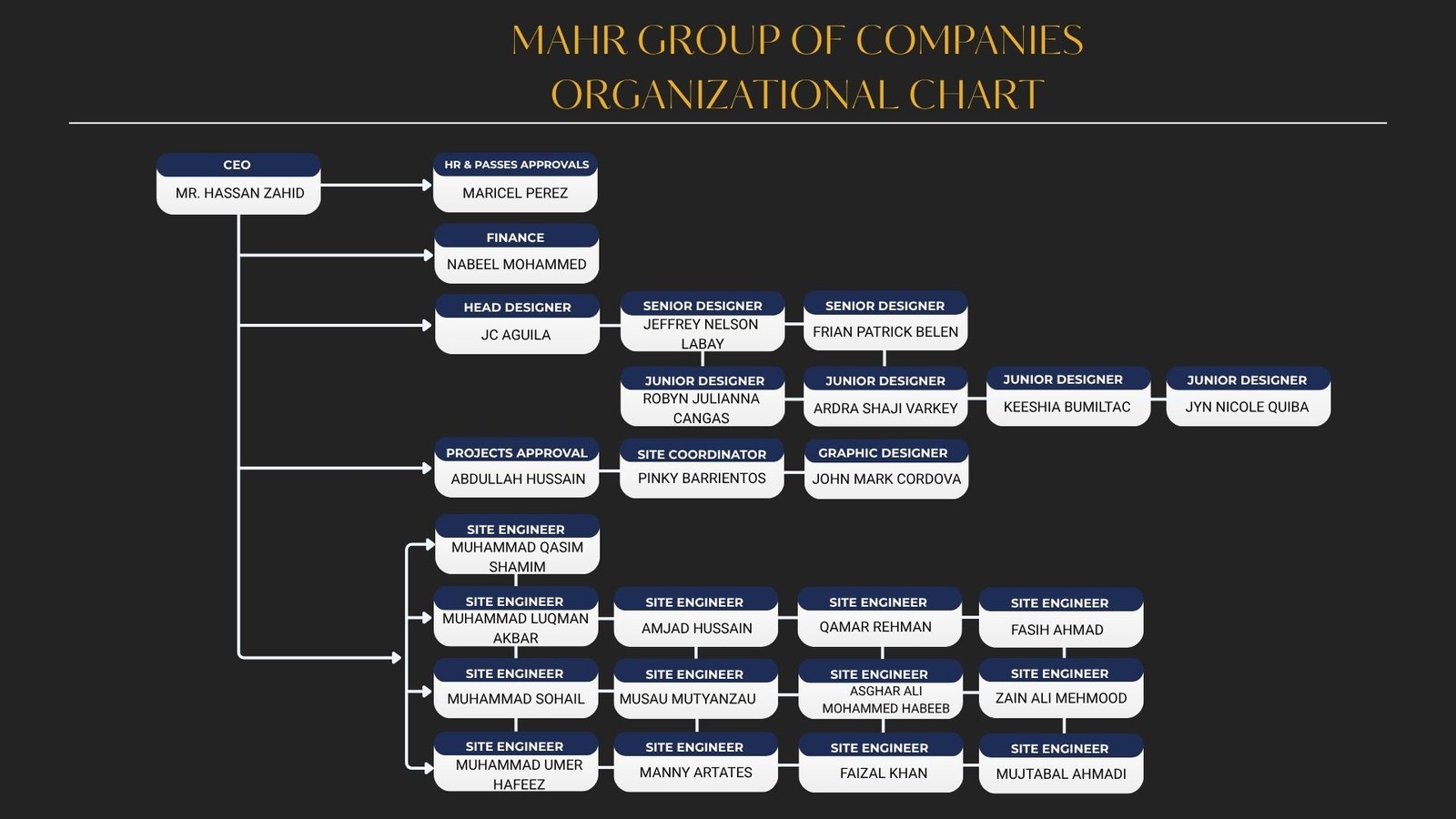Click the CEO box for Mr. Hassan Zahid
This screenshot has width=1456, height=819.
[x=238, y=184]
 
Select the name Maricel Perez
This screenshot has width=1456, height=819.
[x=515, y=193]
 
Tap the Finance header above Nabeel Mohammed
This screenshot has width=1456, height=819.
[x=515, y=238]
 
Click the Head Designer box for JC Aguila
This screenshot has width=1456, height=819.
[x=517, y=324]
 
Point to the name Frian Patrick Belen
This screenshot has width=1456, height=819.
[x=885, y=331]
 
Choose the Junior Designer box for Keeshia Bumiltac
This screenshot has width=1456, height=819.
[x=1068, y=397]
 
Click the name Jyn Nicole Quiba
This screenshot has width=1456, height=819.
[x=1247, y=407]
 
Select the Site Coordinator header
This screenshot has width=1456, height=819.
[x=702, y=454]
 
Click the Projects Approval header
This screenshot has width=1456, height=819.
[x=516, y=452]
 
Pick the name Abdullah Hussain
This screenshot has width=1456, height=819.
[x=518, y=479]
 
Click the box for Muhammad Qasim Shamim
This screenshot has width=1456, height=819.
[x=517, y=545]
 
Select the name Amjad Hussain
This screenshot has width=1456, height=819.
[x=697, y=629]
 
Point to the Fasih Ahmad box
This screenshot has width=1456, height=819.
[x=1061, y=618]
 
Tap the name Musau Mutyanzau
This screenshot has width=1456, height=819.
[x=687, y=699]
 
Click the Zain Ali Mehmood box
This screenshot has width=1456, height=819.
[x=1061, y=688]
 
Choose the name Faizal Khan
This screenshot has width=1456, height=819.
[x=884, y=773]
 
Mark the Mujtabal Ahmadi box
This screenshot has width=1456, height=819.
[x=1061, y=763]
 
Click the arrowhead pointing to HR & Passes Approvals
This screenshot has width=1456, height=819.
[x=427, y=186]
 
